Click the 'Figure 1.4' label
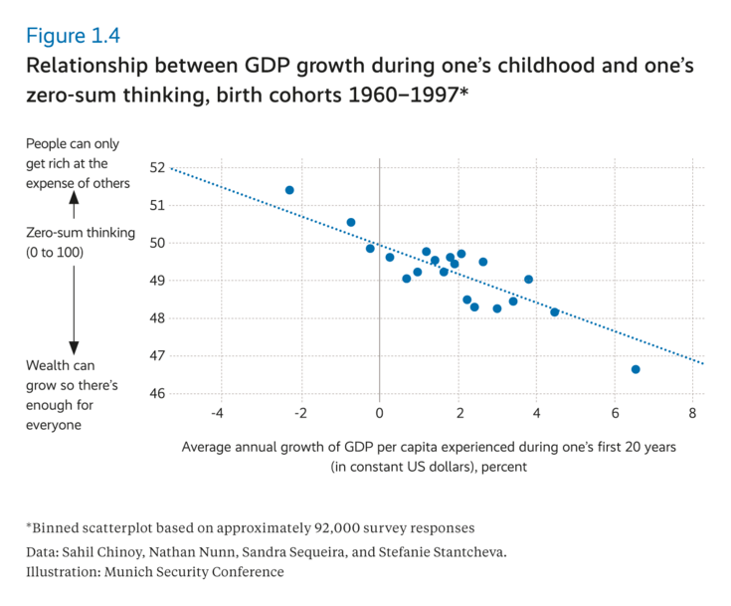point(73,36)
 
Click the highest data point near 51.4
point(289,190)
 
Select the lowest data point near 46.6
point(636,369)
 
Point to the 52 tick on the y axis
point(158,167)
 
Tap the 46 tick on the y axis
point(158,394)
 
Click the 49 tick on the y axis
point(158,281)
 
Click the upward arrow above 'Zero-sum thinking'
point(74,203)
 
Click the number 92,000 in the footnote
point(314,527)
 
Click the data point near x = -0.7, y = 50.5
point(351,223)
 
